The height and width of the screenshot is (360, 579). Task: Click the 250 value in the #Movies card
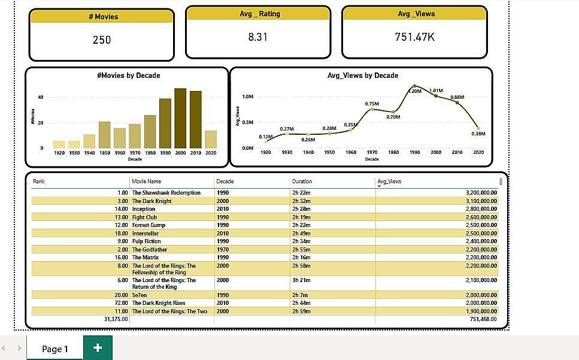pyautogui.click(x=102, y=40)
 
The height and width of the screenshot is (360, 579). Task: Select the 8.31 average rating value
pyautogui.click(x=257, y=37)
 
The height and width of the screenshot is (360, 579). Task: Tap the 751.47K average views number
pyautogui.click(x=415, y=37)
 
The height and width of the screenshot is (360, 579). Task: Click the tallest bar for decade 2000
pyautogui.click(x=180, y=119)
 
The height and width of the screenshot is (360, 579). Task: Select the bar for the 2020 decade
pyautogui.click(x=211, y=139)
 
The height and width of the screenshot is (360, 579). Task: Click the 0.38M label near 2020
pyautogui.click(x=478, y=134)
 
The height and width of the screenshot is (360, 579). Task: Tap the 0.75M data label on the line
pyautogui.click(x=372, y=104)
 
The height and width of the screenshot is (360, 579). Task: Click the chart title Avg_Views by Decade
pyautogui.click(x=362, y=75)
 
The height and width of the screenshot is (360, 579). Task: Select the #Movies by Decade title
pyautogui.click(x=128, y=75)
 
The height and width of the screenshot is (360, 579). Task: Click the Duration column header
pyautogui.click(x=302, y=181)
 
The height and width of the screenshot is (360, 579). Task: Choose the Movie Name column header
pyautogui.click(x=147, y=181)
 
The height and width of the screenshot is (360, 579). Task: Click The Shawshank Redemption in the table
pyautogui.click(x=166, y=193)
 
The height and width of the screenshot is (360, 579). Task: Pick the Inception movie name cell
pyautogui.click(x=144, y=209)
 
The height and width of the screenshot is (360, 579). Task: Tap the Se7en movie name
pyautogui.click(x=140, y=295)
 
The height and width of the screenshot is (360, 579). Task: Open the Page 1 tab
pyautogui.click(x=55, y=349)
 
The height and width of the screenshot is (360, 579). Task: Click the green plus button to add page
pyautogui.click(x=98, y=348)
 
